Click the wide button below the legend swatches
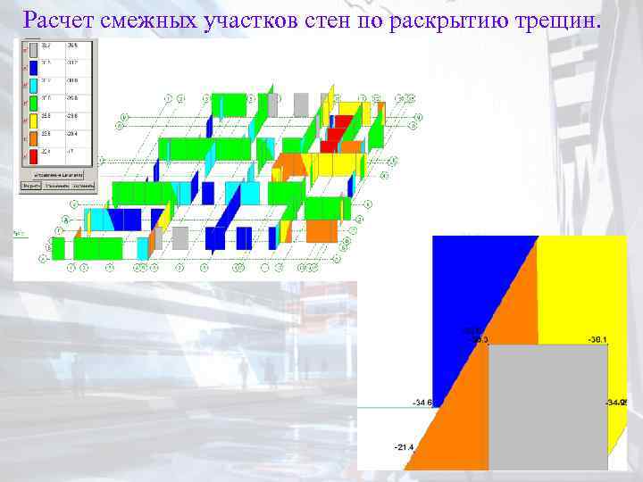coord(54,175)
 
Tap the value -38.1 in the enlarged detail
coord(597,340)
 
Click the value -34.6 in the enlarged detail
coord(422,403)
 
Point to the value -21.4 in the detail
coord(404,446)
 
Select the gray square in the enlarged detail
coord(548,406)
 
